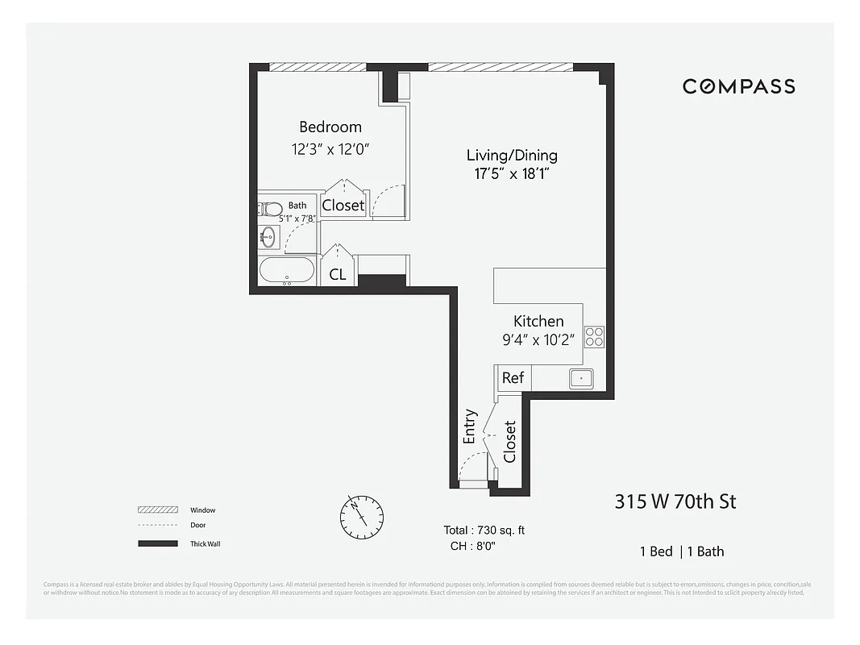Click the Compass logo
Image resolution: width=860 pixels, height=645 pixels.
point(738,86)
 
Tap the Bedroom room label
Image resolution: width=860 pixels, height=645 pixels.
point(330,127)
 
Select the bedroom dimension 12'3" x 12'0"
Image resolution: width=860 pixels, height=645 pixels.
point(330,149)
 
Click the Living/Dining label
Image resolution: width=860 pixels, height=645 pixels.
point(512,156)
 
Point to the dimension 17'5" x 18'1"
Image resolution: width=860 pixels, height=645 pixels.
point(512,174)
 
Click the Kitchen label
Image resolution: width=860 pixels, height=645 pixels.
point(538,321)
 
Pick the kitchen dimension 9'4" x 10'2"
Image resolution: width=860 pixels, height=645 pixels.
point(538,339)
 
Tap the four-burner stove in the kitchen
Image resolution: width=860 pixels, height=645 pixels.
point(594,336)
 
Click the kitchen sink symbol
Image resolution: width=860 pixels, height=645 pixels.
point(580,377)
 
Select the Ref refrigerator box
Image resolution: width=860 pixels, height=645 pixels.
point(513,377)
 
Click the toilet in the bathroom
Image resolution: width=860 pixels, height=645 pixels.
point(271,210)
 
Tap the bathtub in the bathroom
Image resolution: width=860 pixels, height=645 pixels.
point(287,271)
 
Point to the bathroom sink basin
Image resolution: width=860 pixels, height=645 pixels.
point(268,237)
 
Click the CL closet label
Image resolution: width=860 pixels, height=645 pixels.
point(338,274)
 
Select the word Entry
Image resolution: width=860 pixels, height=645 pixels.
point(470,427)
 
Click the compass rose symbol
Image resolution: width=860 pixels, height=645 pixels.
point(362,517)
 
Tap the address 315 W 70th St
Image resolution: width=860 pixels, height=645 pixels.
point(675,501)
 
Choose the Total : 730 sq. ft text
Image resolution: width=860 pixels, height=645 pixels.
point(484,530)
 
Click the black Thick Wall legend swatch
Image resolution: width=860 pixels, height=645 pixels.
point(158,543)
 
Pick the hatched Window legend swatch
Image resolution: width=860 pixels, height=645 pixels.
point(158,510)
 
